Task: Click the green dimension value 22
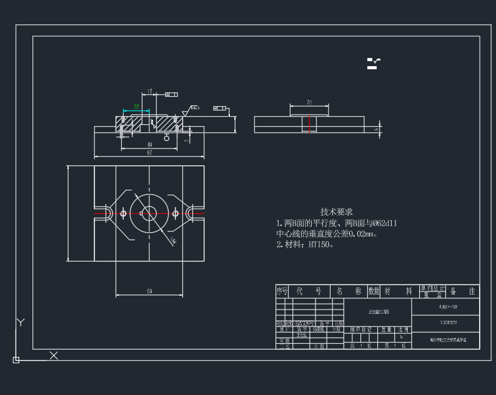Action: pyautogui.click(x=136, y=107)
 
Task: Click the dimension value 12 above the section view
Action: pyautogui.click(x=149, y=91)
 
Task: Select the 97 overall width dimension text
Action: pyautogui.click(x=149, y=152)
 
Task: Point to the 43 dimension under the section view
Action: pyautogui.click(x=149, y=144)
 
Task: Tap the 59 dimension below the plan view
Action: pyautogui.click(x=149, y=291)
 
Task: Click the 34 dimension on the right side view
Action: pyautogui.click(x=309, y=101)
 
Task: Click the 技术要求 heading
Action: pyautogui.click(x=337, y=212)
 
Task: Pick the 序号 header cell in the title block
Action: pyautogui.click(x=282, y=291)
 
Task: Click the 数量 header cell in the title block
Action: pyautogui.click(x=374, y=291)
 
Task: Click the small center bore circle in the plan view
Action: pyautogui.click(x=149, y=213)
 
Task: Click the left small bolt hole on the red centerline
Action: pyautogui.click(x=123, y=213)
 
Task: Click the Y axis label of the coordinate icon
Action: pyautogui.click(x=21, y=323)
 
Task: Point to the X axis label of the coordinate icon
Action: pyautogui.click(x=54, y=355)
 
